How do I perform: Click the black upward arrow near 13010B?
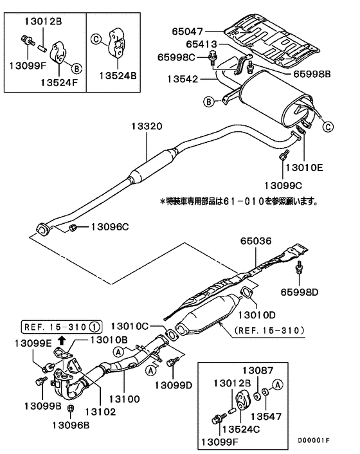62,340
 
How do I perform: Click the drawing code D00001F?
313,440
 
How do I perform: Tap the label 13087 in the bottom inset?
257,370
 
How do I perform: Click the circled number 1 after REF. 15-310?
94,325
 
